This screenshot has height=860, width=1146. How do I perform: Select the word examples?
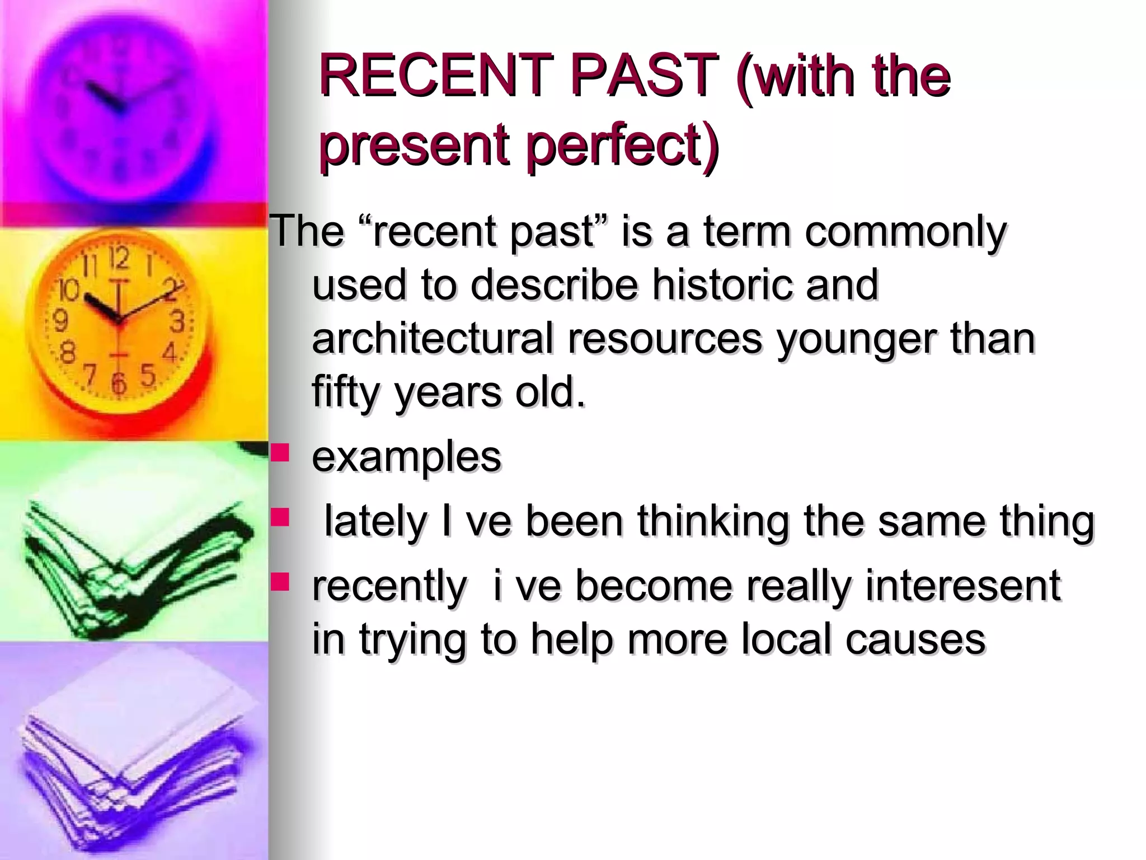point(406,457)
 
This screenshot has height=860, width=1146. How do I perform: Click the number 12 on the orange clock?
point(119,258)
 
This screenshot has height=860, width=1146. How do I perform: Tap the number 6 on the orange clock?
point(118,384)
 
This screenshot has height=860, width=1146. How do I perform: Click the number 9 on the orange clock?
point(60,321)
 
